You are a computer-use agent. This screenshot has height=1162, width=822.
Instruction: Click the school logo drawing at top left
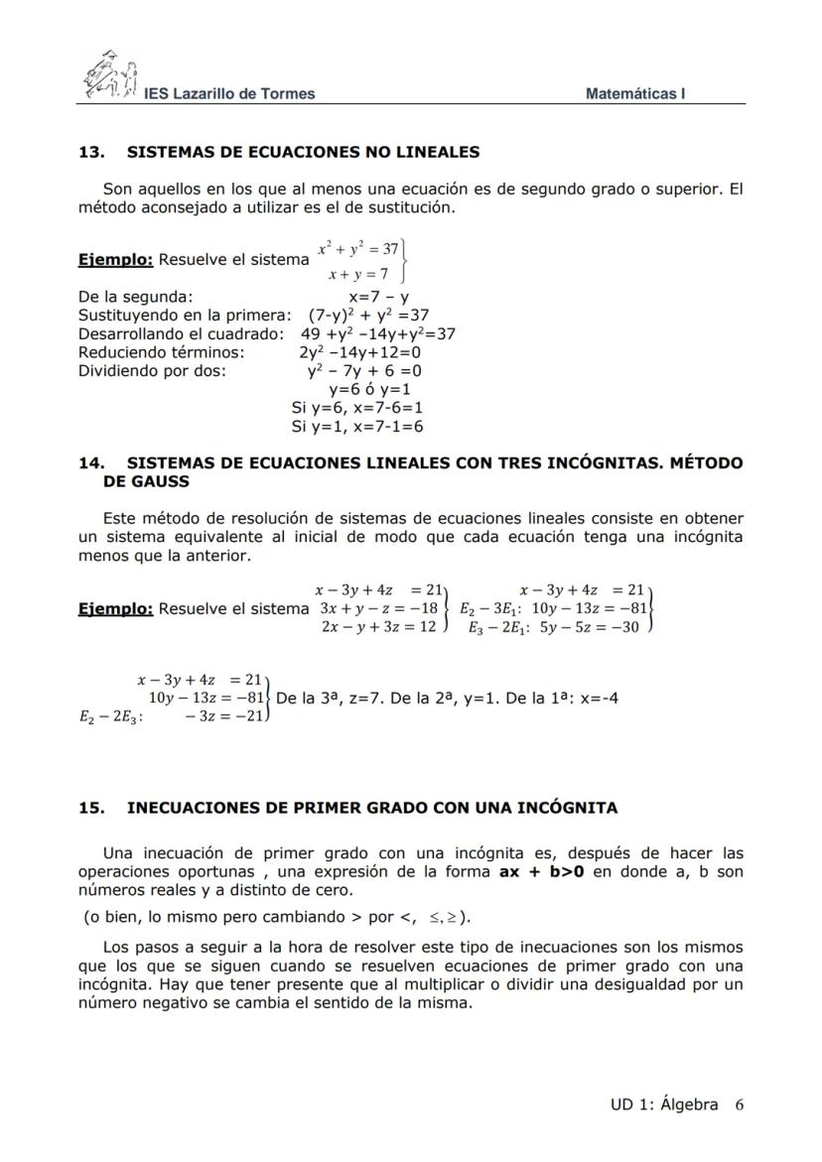coord(110,75)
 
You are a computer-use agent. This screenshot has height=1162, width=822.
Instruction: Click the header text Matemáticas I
coord(635,94)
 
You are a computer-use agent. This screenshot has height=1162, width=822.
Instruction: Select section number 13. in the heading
coord(91,152)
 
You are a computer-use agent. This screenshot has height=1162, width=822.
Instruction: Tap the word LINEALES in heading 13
coord(434,152)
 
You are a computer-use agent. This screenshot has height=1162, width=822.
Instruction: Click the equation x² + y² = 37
coord(356,248)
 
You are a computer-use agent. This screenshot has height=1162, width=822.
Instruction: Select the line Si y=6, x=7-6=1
coord(357,408)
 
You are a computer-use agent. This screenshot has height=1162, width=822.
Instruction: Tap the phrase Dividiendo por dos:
coord(152,371)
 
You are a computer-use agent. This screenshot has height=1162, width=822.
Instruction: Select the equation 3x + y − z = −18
coord(378,607)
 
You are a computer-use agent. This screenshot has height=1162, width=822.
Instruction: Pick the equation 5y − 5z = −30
coord(587,627)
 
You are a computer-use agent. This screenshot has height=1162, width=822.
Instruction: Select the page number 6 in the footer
coord(740,1104)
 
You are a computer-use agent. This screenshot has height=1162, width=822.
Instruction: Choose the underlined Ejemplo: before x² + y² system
coord(115,260)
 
